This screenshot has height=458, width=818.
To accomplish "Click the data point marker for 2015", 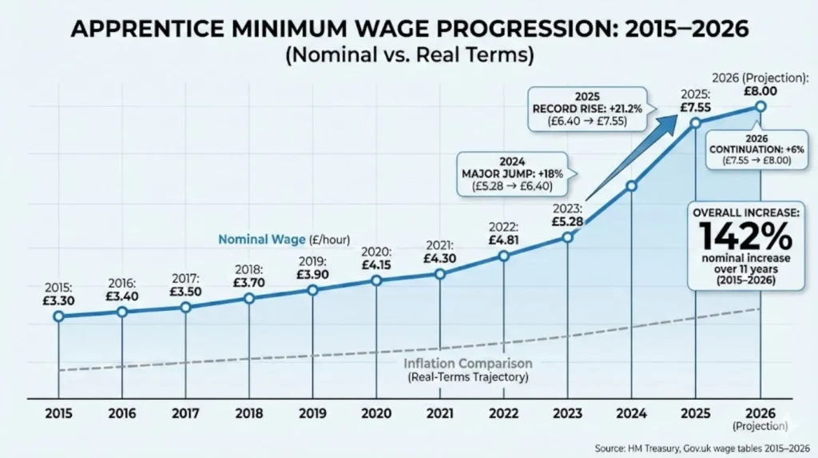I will pos(58,317).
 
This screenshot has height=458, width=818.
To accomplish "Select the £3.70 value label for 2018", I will pos(248,282).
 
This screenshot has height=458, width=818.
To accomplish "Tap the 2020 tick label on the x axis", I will pos(375,415).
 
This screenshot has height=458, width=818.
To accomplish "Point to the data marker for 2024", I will pos(631,185).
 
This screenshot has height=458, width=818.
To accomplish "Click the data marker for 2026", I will pos(760,106).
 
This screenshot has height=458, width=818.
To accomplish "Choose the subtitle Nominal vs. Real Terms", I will pos(408,57).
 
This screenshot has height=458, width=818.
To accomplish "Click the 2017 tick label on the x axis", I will pos(185,415).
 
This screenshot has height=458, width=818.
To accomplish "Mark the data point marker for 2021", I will pos(439,274).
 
